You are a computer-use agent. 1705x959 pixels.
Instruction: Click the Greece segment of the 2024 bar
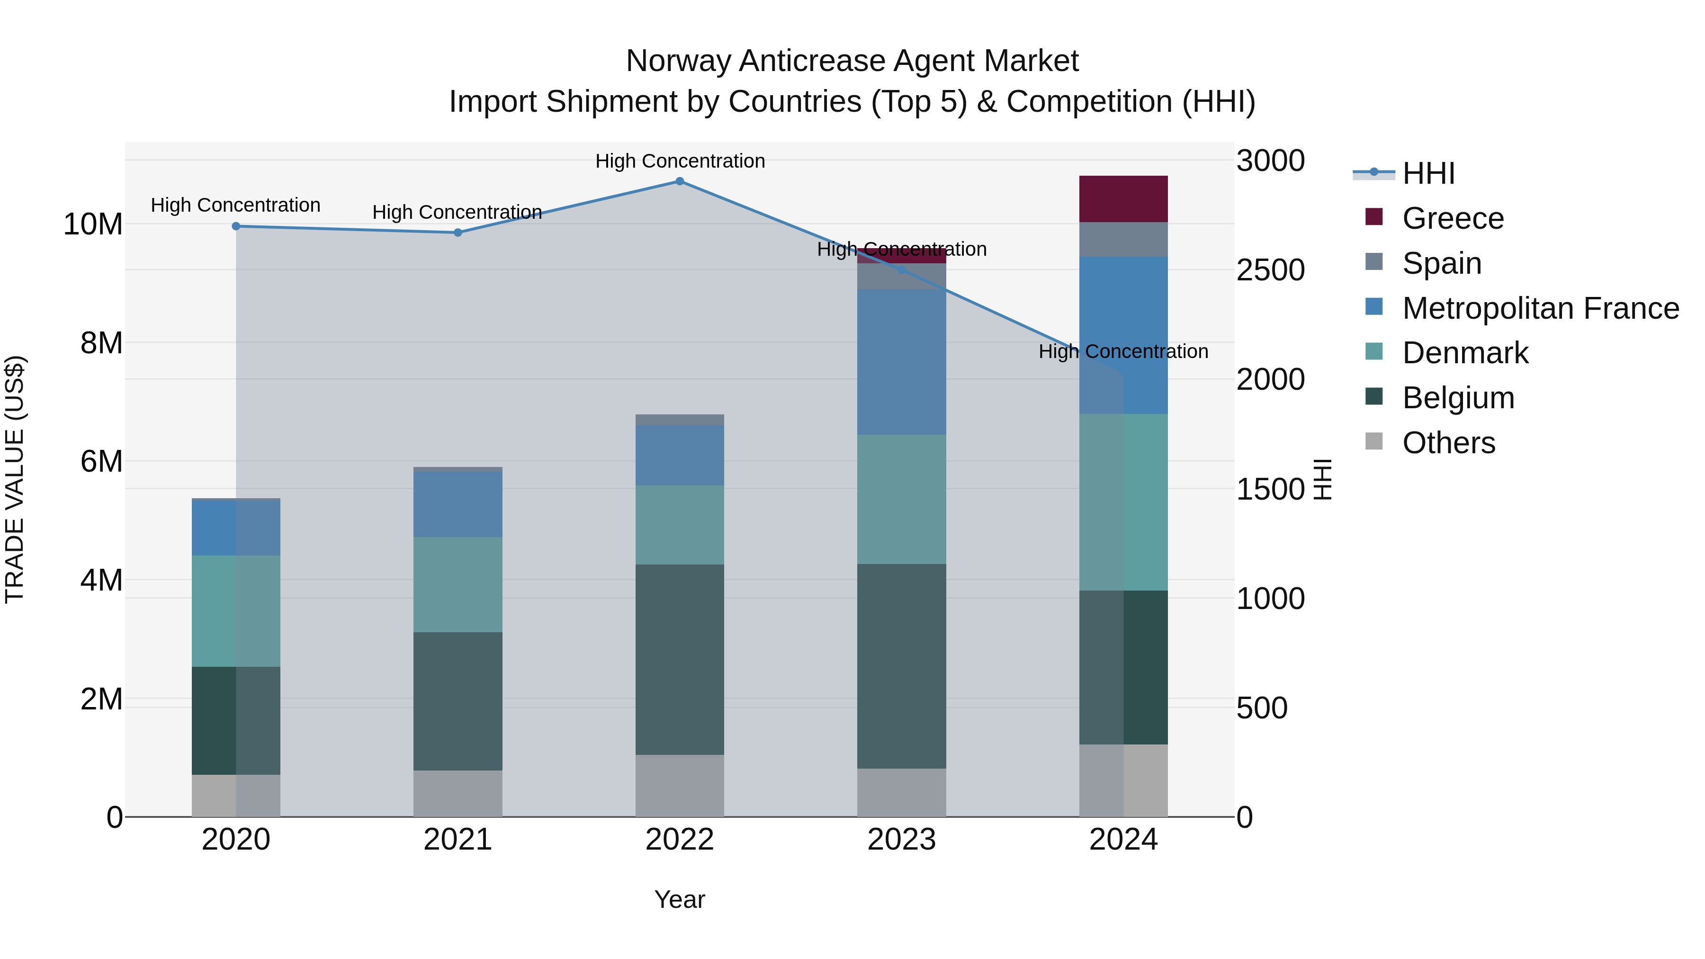tap(1123, 198)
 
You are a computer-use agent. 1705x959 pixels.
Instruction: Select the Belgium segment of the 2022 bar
tap(680, 659)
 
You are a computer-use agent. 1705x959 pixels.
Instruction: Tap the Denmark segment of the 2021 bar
tap(458, 584)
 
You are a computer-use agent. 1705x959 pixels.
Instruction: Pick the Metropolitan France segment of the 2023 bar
tap(901, 361)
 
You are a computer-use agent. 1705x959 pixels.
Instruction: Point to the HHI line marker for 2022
tap(680, 181)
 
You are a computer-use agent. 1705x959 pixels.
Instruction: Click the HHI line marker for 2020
tap(236, 226)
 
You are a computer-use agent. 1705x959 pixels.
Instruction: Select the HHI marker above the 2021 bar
tap(458, 233)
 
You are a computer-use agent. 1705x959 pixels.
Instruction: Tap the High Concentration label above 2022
tap(680, 161)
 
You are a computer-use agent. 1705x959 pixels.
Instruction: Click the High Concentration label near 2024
tap(1123, 351)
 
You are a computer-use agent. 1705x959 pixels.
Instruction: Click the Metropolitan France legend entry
tap(1540, 308)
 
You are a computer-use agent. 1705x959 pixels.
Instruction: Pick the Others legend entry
tap(1448, 443)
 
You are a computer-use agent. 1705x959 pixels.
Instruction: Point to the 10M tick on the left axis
tap(93, 224)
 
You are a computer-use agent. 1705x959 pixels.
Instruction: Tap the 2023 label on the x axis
tap(901, 840)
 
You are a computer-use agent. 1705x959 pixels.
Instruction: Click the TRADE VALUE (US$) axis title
tap(15, 479)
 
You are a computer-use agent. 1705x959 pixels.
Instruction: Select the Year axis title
tap(680, 899)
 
